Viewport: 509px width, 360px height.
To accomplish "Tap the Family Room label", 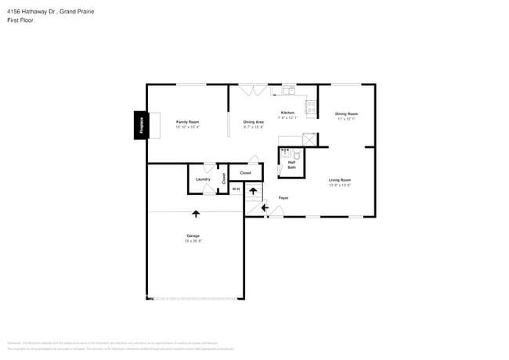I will (187, 122).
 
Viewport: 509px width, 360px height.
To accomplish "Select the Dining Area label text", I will (253, 122).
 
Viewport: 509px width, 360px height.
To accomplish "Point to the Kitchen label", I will (287, 113).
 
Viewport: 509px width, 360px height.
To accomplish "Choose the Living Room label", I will (339, 181).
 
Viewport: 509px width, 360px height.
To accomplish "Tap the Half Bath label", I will (291, 165).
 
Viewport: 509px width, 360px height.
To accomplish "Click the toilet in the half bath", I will (296, 155).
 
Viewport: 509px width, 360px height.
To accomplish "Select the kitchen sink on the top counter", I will (287, 89).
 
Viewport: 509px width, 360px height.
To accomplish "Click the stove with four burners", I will (311, 107).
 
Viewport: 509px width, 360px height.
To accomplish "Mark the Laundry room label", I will (203, 179).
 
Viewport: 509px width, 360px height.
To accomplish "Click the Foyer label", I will (283, 197).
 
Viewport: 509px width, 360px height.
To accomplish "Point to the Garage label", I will (193, 236).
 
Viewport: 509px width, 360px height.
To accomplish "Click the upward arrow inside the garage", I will (195, 212).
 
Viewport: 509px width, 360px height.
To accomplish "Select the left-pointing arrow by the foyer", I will (264, 207).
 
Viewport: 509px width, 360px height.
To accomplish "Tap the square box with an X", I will (310, 139).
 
